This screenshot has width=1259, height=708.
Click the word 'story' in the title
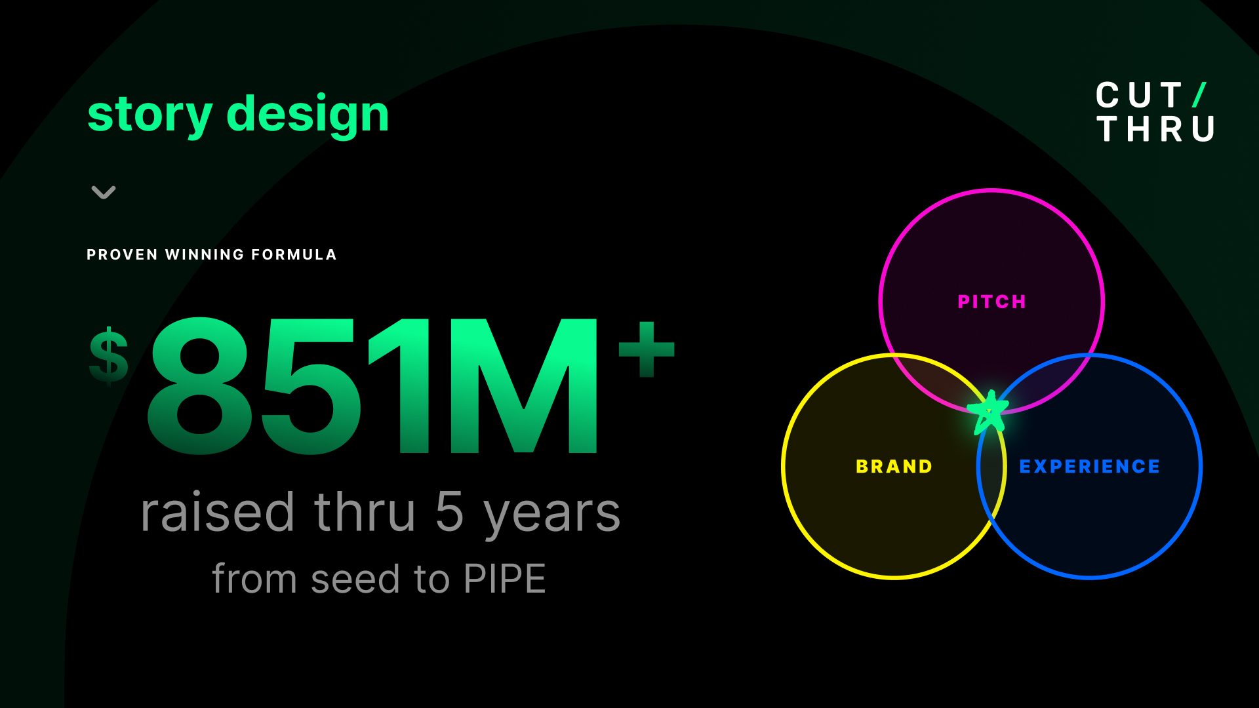tap(150, 115)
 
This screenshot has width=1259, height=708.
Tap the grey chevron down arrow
tap(104, 192)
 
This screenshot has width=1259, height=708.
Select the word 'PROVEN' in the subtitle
tap(122, 254)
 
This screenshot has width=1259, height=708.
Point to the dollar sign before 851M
tap(109, 355)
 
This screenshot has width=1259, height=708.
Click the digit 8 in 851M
tap(199, 387)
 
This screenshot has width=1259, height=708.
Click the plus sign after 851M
tap(647, 349)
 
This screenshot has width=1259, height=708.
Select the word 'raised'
tap(217, 513)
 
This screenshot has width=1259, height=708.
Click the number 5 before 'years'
tap(449, 513)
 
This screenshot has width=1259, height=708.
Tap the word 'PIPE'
tap(504, 579)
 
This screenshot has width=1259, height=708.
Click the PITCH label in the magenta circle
tap(991, 302)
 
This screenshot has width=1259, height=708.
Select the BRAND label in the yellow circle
tap(894, 466)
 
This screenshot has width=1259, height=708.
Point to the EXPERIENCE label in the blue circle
tap(1089, 466)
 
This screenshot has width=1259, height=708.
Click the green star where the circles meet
tap(988, 412)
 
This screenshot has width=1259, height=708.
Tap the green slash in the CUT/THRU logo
tap(1199, 95)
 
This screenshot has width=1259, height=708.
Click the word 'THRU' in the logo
tap(1155, 129)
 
